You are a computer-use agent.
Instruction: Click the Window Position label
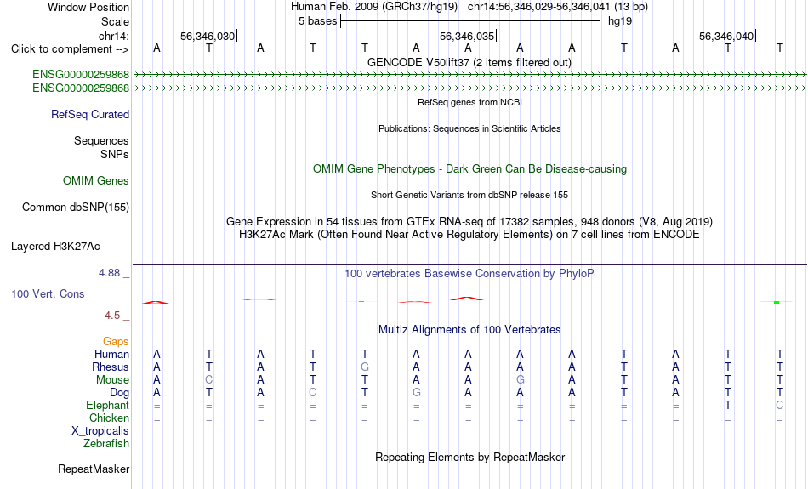[x=88, y=7]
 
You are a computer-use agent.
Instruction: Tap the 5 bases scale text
[x=317, y=21]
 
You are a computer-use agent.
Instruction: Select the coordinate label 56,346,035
[x=467, y=36]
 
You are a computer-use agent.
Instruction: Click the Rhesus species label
[x=111, y=367]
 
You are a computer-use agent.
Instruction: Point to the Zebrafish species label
[x=106, y=443]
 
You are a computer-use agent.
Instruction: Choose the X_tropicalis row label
[x=100, y=431]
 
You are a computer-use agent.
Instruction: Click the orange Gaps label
[x=116, y=341]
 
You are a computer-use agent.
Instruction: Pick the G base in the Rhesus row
[x=365, y=367]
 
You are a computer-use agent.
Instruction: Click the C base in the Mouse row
[x=208, y=380]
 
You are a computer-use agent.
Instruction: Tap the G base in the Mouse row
[x=521, y=380]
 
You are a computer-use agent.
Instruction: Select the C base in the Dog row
[x=313, y=393]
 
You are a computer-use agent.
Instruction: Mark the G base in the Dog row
[x=417, y=393]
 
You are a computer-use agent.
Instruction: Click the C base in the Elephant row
[x=780, y=405]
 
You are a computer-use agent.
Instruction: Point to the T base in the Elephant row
[x=727, y=405]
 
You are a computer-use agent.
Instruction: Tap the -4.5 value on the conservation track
[x=111, y=315]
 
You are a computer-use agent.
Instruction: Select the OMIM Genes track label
[x=96, y=180]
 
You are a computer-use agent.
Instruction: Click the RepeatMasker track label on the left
[x=94, y=469]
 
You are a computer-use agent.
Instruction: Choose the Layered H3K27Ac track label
[x=55, y=247]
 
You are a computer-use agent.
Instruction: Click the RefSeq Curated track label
[x=90, y=115]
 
